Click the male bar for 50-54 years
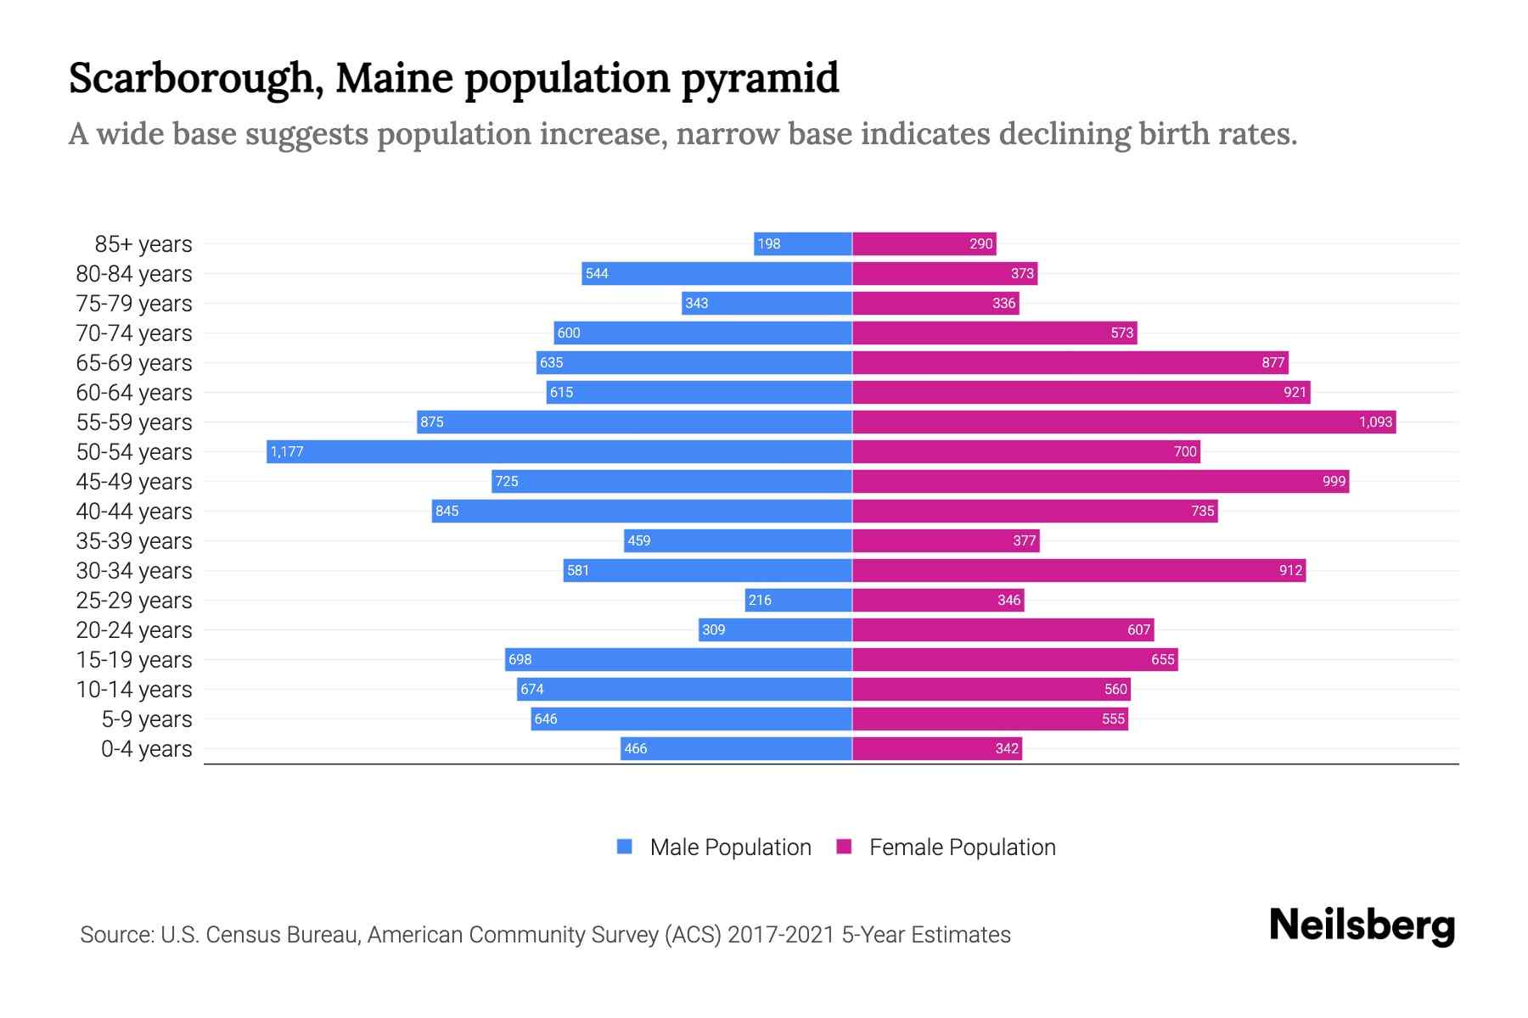point(560,451)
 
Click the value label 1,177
point(287,451)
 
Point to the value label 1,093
point(1375,422)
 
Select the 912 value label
point(1290,570)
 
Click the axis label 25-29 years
point(134,600)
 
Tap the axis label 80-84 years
point(134,273)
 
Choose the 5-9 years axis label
point(146,719)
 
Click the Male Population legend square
point(625,847)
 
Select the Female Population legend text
point(962,847)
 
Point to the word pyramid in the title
point(760,78)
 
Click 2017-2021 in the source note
point(781,934)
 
